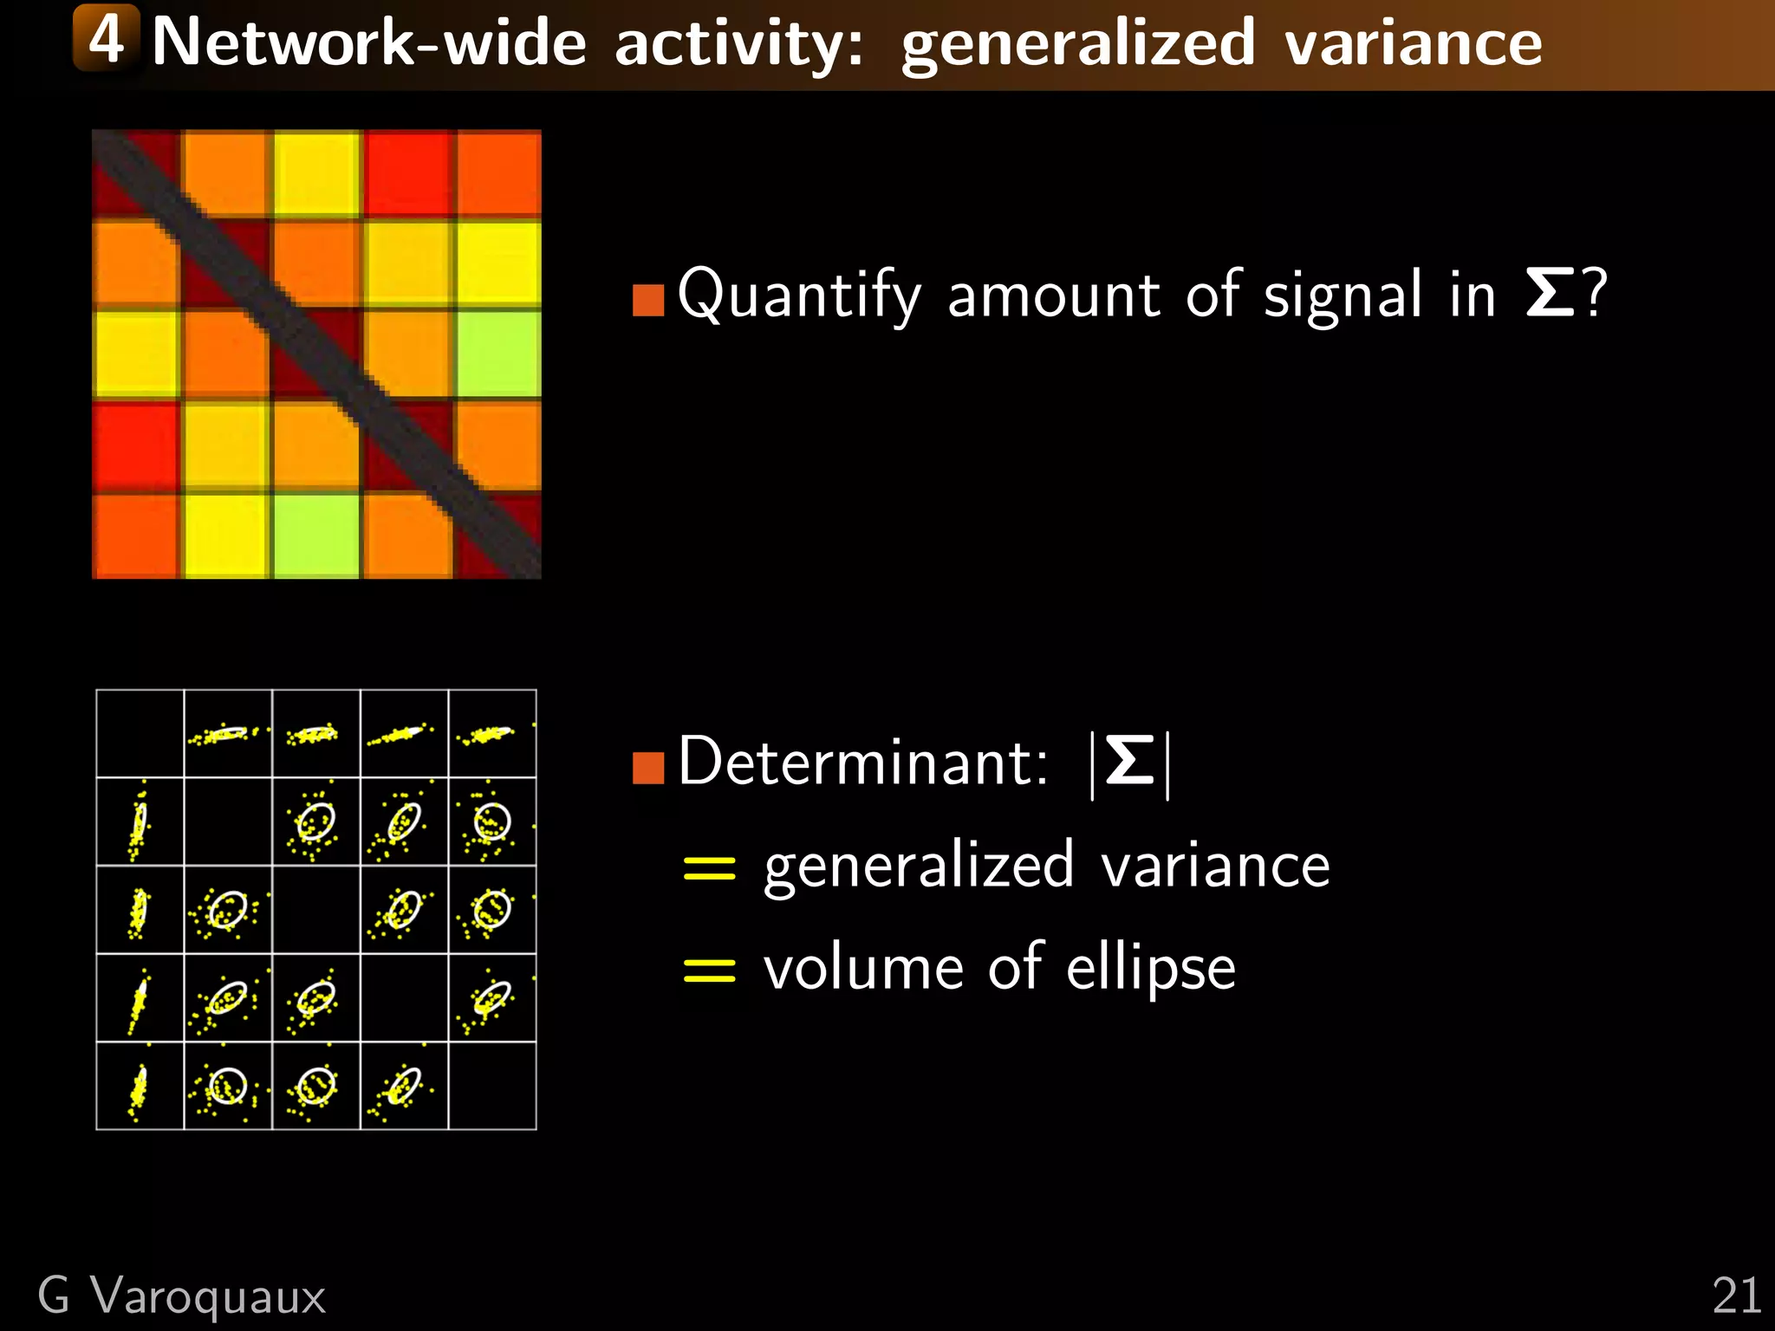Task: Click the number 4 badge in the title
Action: coord(106,38)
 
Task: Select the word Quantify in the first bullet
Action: coord(798,296)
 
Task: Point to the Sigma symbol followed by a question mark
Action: coord(1550,294)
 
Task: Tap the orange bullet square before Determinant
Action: coord(648,767)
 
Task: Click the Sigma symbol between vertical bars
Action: coord(1130,762)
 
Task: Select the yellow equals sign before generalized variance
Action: coord(709,867)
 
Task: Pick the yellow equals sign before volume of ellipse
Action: coord(709,971)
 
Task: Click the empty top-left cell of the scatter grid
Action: coord(140,733)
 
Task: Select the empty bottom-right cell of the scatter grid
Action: coord(492,1086)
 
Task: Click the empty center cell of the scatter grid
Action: coord(316,910)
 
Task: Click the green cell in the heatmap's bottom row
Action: coord(316,535)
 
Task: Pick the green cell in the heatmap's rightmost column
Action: coord(497,354)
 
